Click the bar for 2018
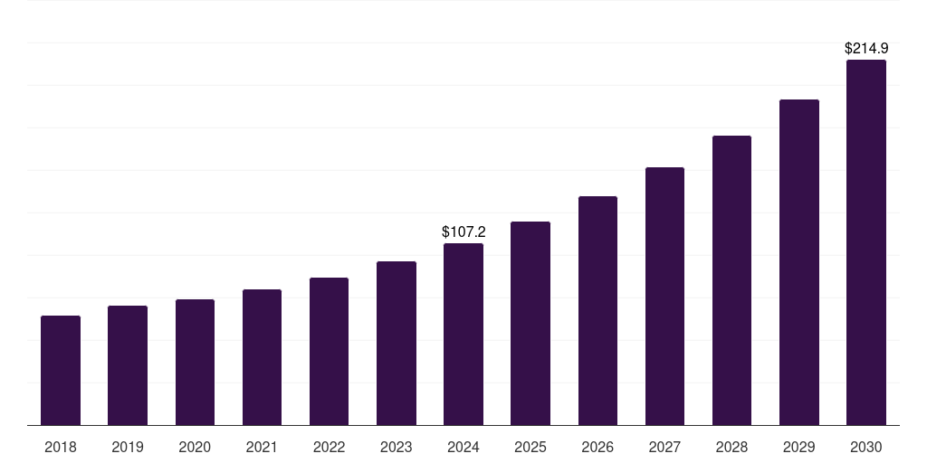pyautogui.click(x=61, y=371)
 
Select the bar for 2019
pyautogui.click(x=128, y=365)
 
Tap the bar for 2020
pyautogui.click(x=195, y=363)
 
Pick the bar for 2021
pyautogui.click(x=262, y=357)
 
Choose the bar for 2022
pyautogui.click(x=329, y=352)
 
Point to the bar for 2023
pyautogui.click(x=397, y=344)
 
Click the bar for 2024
pyautogui.click(x=463, y=335)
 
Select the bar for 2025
pyautogui.click(x=530, y=324)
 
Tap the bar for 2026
pyautogui.click(x=597, y=311)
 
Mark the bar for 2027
pyautogui.click(x=664, y=297)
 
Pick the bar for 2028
pyautogui.click(x=731, y=280)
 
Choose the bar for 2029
pyautogui.click(x=798, y=262)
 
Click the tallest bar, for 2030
pyautogui.click(x=865, y=242)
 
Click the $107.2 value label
pyautogui.click(x=463, y=232)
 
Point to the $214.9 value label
pyautogui.click(x=865, y=49)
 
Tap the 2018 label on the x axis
pyautogui.click(x=61, y=448)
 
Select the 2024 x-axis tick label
pyautogui.click(x=463, y=448)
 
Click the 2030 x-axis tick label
pyautogui.click(x=865, y=448)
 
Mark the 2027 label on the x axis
pyautogui.click(x=664, y=448)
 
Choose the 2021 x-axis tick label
pyautogui.click(x=262, y=448)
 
